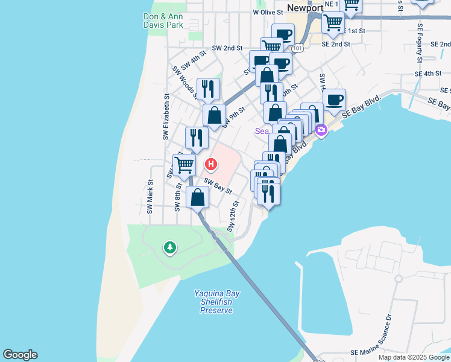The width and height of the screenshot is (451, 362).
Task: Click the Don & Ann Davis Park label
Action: (x=163, y=21)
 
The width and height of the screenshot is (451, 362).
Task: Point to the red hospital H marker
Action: (x=211, y=164)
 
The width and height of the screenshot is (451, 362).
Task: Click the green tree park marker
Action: (x=171, y=247)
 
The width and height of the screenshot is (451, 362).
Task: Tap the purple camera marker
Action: (x=321, y=130)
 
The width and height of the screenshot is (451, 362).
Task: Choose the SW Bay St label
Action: (x=218, y=185)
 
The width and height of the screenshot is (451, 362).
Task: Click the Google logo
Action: (x=20, y=355)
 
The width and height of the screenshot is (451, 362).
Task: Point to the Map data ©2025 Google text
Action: (x=414, y=357)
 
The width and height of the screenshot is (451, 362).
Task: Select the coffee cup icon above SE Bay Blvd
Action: (x=334, y=98)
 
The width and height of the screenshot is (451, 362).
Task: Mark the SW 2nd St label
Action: (x=227, y=48)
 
